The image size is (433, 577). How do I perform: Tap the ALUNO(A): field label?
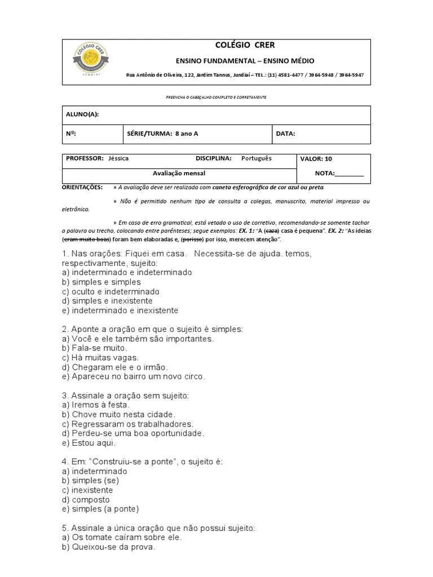coord(82,114)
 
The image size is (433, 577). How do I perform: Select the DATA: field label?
coord(285,134)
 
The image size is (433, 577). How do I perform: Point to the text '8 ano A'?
coord(187,134)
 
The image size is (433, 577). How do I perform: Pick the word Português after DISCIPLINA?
coord(257,158)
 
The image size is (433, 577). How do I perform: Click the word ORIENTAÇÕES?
coord(82,187)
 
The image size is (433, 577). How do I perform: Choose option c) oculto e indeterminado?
coord(111,292)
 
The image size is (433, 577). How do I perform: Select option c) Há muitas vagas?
coord(100,358)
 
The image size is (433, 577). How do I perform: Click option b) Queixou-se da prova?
coord(108,547)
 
